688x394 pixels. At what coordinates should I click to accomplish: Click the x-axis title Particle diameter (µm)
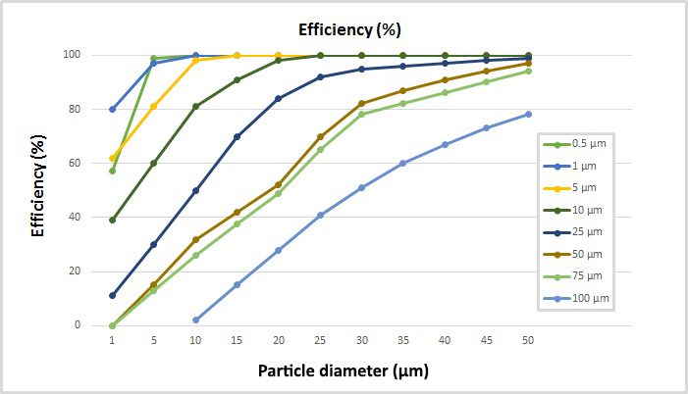point(343,371)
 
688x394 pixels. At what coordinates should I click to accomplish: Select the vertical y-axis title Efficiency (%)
point(40,189)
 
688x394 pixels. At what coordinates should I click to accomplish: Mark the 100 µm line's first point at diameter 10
point(196,320)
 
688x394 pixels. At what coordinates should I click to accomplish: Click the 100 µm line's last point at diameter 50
point(528,114)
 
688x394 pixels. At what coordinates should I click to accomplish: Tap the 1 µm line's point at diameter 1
point(113,109)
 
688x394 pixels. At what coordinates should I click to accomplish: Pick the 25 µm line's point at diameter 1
point(113,295)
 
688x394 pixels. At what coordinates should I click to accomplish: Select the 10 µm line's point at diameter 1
point(113,220)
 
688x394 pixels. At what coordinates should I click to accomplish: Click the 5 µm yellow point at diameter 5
point(154,106)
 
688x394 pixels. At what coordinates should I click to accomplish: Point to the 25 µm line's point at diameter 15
point(238,136)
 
